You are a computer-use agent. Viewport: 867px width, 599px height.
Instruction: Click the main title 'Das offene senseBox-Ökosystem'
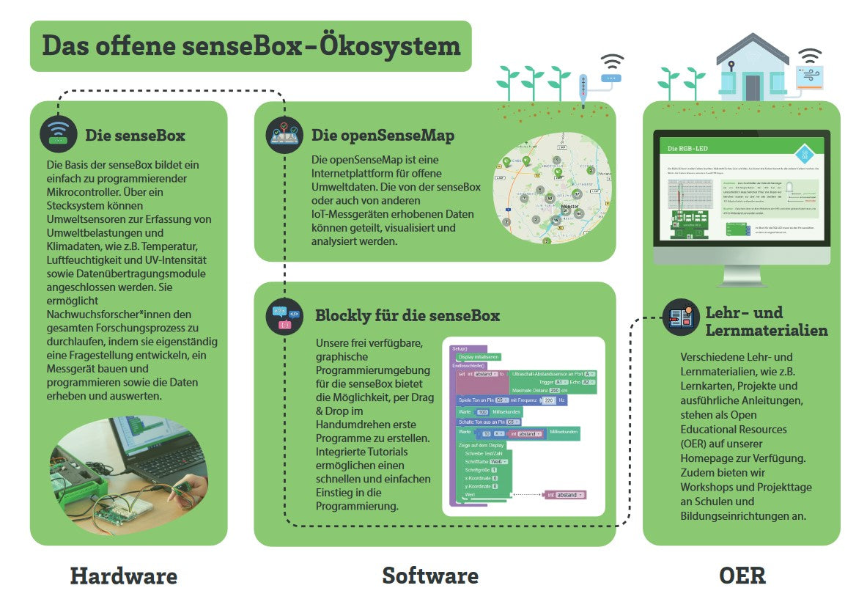coord(251,45)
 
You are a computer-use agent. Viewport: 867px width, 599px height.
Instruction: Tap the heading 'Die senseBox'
coord(135,136)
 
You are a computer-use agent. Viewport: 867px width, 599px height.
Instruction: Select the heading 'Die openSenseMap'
coord(383,136)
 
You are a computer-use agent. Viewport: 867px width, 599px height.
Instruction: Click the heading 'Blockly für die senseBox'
coord(407,316)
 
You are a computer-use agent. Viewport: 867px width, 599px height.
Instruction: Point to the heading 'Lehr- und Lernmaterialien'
coord(766,321)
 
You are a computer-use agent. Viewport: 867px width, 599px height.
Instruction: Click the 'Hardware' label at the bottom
coord(123,576)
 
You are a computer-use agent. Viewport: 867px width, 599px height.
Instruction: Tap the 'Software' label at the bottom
coord(430,576)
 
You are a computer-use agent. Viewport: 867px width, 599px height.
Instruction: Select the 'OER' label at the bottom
coord(742,576)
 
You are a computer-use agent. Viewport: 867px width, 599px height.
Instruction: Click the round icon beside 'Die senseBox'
coord(58,134)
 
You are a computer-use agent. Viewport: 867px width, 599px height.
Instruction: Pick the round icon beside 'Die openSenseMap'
coord(284,134)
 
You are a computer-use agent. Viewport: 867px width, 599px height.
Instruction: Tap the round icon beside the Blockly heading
coord(284,317)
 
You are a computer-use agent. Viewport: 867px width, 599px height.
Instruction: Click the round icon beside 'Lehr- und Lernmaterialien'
coord(680,317)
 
